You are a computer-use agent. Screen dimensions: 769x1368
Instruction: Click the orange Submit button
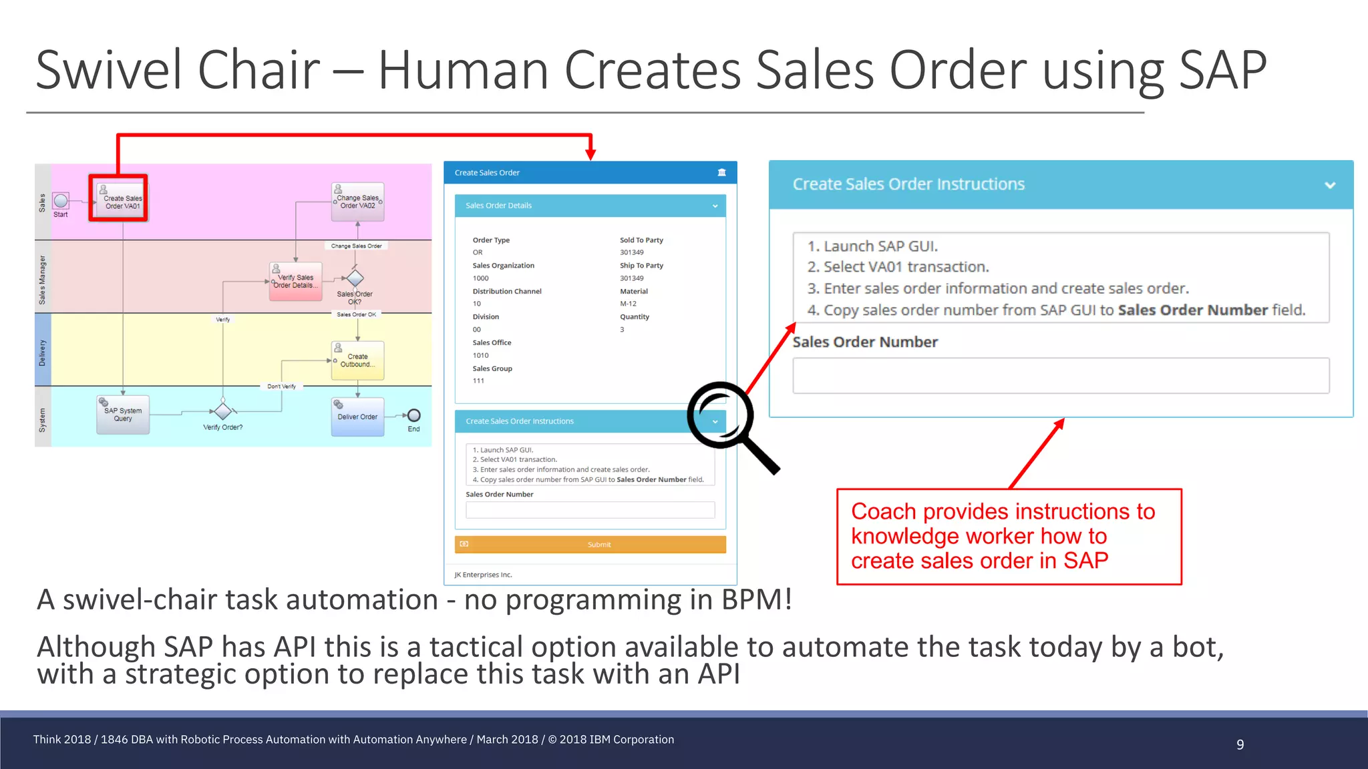pyautogui.click(x=590, y=545)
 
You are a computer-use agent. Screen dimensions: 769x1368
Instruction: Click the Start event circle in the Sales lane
pyautogui.click(x=61, y=201)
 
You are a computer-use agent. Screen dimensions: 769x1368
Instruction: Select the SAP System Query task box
pyautogui.click(x=123, y=415)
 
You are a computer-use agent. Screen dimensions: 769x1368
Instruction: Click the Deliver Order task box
pyautogui.click(x=357, y=417)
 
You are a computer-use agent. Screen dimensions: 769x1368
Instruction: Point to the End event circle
pyautogui.click(x=414, y=415)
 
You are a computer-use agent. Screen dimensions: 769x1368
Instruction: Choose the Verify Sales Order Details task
pyautogui.click(x=296, y=281)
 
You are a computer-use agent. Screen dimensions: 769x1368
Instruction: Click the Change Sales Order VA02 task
pyautogui.click(x=358, y=202)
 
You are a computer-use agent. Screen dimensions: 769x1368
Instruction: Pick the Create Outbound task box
pyautogui.click(x=357, y=360)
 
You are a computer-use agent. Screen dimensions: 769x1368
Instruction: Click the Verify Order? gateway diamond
pyautogui.click(x=223, y=411)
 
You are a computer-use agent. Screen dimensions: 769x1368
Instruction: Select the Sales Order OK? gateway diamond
pyautogui.click(x=355, y=278)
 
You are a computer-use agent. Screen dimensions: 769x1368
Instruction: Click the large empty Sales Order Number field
pyautogui.click(x=1061, y=376)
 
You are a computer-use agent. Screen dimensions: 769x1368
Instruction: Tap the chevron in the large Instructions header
pyautogui.click(x=1330, y=185)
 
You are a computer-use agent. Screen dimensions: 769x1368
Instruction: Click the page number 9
pyautogui.click(x=1240, y=744)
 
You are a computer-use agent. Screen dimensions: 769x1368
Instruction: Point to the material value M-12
pyautogui.click(x=628, y=304)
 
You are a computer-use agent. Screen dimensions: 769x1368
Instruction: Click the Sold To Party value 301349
pyautogui.click(x=632, y=252)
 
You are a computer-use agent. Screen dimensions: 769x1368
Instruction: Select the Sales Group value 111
pyautogui.click(x=478, y=381)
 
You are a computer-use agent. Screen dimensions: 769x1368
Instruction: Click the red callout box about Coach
pyautogui.click(x=1009, y=537)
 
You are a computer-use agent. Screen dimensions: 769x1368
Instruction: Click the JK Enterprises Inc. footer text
pyautogui.click(x=484, y=575)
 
